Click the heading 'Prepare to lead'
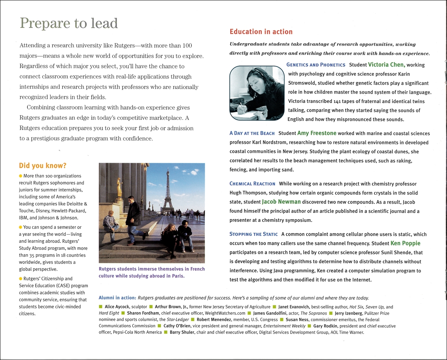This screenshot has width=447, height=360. (69, 23)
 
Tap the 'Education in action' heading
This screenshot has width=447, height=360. (261, 32)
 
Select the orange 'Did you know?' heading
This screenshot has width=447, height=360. (42, 166)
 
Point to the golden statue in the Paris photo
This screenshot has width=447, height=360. (120, 187)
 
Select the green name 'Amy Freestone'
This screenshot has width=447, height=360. (317, 133)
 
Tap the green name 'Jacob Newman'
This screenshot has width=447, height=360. (281, 202)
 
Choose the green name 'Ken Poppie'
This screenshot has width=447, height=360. (405, 243)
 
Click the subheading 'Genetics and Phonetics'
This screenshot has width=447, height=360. (316, 65)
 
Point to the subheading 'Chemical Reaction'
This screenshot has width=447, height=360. (252, 184)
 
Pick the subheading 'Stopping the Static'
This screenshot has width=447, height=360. (253, 234)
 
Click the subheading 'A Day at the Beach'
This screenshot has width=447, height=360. (252, 133)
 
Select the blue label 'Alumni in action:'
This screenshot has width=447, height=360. (117, 298)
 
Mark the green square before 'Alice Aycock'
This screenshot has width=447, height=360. (101, 307)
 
